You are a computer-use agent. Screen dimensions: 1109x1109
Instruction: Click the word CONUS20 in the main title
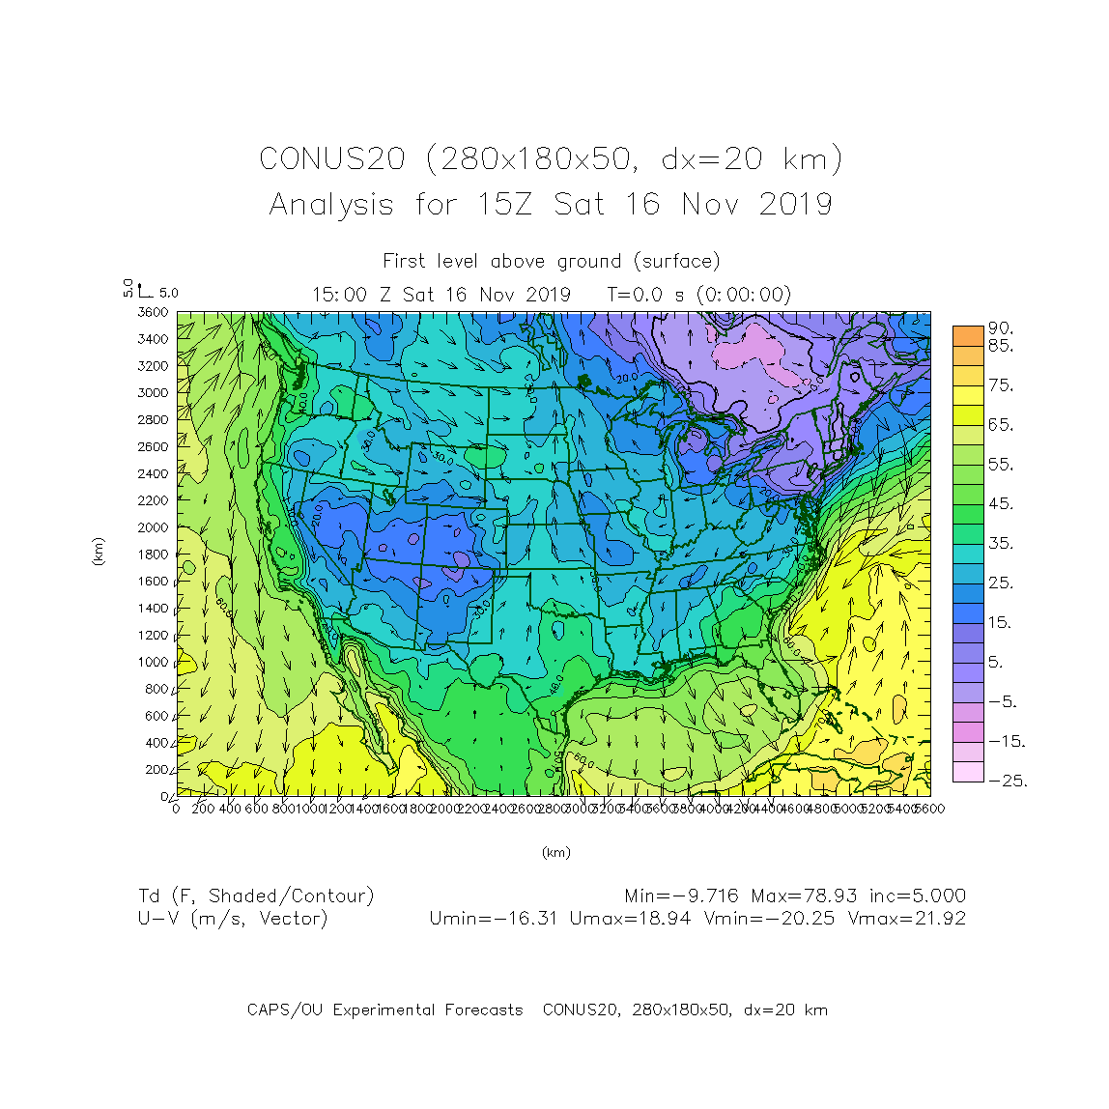coord(331,158)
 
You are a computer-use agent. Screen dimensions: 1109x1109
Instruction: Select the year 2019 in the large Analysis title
coord(795,204)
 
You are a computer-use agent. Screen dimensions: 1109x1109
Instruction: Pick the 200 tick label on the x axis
coord(203,809)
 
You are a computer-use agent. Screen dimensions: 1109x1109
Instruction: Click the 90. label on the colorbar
coord(1001,329)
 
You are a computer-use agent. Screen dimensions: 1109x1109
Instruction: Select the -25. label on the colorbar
coord(1007,781)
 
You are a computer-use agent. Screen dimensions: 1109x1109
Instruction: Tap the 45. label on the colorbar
coord(1001,503)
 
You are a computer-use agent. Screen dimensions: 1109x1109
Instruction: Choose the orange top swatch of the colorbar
coord(968,335)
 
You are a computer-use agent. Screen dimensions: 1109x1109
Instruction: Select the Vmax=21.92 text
coord(906,918)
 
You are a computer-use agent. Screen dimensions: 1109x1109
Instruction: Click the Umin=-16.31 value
coord(494,918)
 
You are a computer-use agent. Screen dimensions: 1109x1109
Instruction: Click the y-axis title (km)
coord(98,552)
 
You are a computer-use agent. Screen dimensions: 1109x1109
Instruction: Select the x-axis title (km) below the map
coord(555,852)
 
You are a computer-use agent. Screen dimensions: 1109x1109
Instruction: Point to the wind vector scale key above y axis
coord(145,290)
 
